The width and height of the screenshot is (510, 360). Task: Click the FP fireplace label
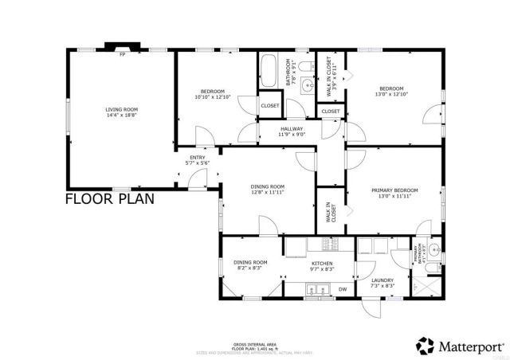pyautogui.click(x=122, y=55)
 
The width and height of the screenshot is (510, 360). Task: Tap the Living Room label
pyautogui.click(x=122, y=112)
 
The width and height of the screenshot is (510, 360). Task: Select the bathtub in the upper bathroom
pyautogui.click(x=267, y=71)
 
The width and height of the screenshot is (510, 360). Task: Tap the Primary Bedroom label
pyautogui.click(x=394, y=193)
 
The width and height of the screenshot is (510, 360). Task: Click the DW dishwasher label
pyautogui.click(x=343, y=288)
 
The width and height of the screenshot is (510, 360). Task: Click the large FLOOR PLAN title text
pyautogui.click(x=109, y=198)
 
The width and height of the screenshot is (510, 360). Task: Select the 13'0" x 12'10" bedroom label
pyautogui.click(x=391, y=91)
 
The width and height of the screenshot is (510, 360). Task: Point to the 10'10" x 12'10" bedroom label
pyautogui.click(x=212, y=93)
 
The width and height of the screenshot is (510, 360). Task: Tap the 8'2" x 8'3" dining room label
pyautogui.click(x=250, y=265)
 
